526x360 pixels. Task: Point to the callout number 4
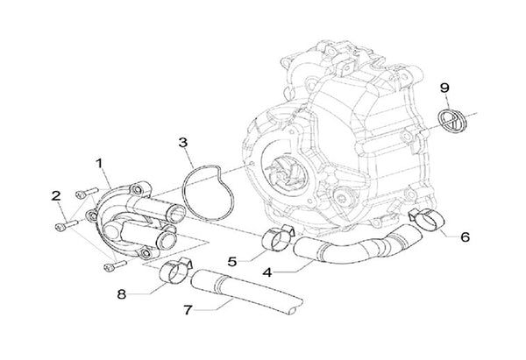point(266,272)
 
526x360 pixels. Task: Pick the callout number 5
point(233,260)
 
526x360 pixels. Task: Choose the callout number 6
point(465,237)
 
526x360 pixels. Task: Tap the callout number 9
point(444,88)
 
